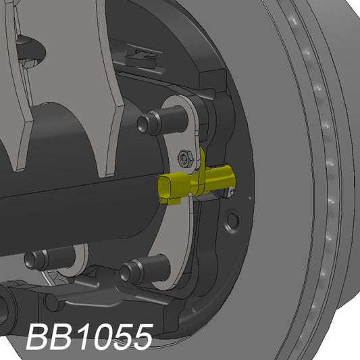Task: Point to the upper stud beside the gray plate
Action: pyautogui.click(x=151, y=124)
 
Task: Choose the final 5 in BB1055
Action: pyautogui.click(x=140, y=337)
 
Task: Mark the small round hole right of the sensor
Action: pyautogui.click(x=234, y=220)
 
